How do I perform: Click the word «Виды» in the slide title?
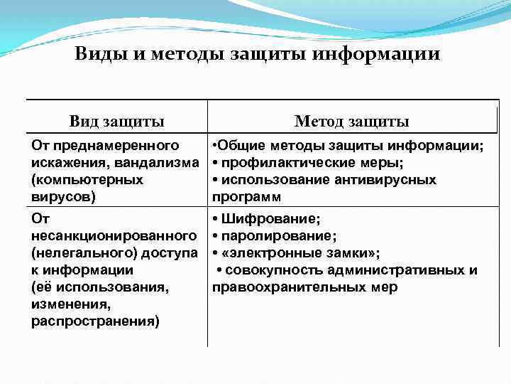pos(96,55)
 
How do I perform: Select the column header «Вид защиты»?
pos(117,122)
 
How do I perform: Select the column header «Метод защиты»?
pos(351,122)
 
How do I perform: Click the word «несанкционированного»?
pos(114,235)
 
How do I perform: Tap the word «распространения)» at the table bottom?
pos(96,321)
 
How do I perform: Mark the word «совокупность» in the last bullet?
pos(270,270)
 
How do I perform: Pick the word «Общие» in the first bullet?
pos(238,146)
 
